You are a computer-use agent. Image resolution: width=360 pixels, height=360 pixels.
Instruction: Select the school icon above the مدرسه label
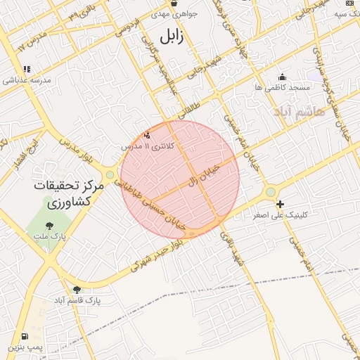27,69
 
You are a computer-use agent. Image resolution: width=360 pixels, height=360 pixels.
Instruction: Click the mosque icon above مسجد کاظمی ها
282,77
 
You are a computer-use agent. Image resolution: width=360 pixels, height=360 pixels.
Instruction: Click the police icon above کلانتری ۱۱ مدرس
147,134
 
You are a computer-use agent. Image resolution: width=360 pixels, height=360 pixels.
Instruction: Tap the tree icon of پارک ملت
49,226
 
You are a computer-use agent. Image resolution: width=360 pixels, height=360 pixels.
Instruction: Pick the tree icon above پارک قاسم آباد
77,289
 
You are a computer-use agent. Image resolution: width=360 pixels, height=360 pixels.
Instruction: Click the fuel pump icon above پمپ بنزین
26,336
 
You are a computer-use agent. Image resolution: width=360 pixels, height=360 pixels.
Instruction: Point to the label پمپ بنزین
25,347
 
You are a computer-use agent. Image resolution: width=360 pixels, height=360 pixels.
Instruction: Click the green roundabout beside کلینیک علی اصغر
270,192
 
